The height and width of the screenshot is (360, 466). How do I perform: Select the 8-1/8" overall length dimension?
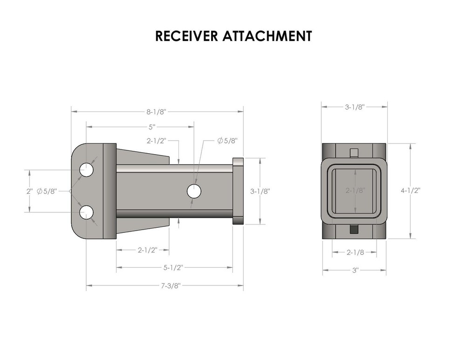point(156,112)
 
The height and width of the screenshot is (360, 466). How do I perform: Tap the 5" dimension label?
point(152,126)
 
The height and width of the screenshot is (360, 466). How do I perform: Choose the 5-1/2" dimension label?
point(173,267)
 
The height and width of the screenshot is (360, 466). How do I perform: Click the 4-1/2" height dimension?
point(410,190)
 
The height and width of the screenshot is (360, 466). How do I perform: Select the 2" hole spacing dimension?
point(30,191)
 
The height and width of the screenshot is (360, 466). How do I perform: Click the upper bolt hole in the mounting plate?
point(86,170)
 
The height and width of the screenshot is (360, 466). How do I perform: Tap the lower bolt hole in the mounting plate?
point(86,213)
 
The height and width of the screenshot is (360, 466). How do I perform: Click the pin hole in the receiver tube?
point(194,191)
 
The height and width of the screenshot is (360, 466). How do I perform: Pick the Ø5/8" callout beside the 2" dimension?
point(47,191)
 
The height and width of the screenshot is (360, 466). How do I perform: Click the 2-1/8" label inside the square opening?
point(355,190)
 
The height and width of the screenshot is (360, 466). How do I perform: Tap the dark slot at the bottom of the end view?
point(355,229)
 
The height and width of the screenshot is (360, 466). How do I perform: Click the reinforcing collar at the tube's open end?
point(238,191)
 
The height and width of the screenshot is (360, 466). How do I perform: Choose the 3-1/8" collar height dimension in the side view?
point(260,191)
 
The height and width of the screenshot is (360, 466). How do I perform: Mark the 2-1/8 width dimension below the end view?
point(355,252)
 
